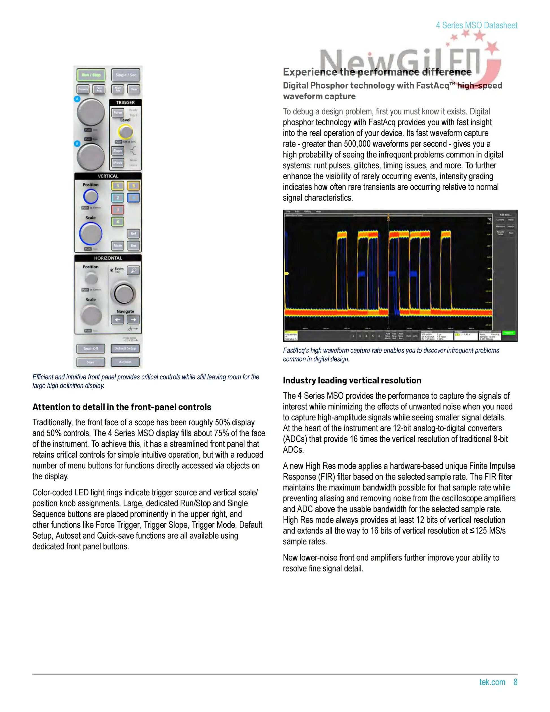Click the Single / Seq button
coord(126,75)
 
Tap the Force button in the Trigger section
coord(118,113)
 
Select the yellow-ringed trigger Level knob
coord(125,132)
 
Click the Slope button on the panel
coord(118,151)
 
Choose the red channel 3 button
coord(118,210)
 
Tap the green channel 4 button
coord(118,222)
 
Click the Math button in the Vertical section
coord(118,245)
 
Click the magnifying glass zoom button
coord(133,270)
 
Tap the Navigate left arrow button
coord(118,320)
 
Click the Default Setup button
coord(125,348)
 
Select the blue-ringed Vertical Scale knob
coord(90,233)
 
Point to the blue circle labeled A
coord(77,99)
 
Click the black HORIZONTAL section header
coord(108,258)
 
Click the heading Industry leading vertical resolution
coord(352,380)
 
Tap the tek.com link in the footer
coord(492,682)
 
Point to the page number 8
coord(515,682)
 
